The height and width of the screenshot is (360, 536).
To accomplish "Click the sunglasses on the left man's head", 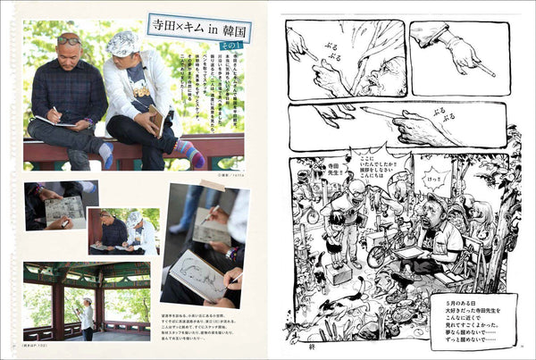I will [68, 40].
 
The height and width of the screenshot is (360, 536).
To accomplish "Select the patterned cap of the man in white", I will [121, 42].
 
